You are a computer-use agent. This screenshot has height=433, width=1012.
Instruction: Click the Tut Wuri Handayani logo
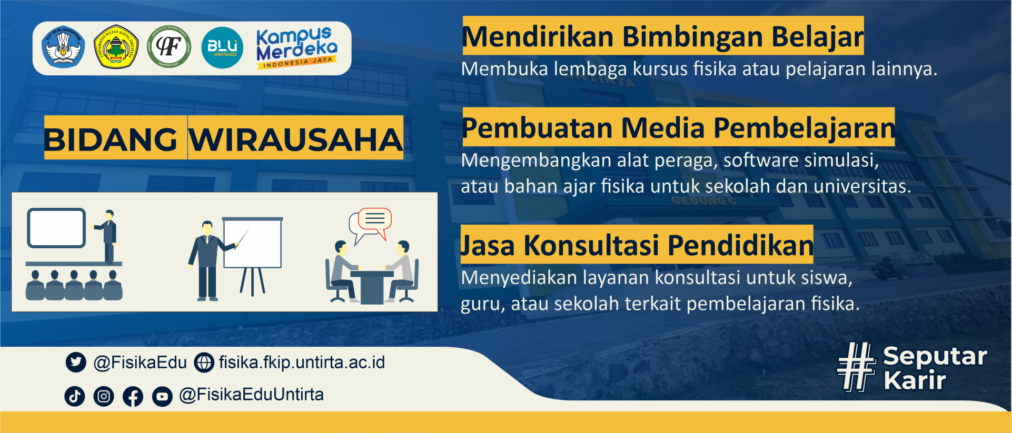tap(63, 47)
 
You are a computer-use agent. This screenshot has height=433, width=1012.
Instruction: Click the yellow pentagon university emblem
tap(116, 47)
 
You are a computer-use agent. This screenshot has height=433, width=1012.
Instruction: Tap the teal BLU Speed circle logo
tap(222, 48)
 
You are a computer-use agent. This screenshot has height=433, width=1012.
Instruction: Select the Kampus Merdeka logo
tap(296, 48)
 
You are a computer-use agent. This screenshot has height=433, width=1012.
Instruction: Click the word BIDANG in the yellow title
tap(111, 140)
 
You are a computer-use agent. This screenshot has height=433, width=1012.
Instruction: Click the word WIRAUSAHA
tap(296, 140)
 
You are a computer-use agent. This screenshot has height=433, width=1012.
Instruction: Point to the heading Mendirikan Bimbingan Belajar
tap(662, 37)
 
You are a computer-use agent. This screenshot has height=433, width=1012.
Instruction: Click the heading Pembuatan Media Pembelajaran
tap(678, 128)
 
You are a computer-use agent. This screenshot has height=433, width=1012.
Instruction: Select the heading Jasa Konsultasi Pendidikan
tap(637, 245)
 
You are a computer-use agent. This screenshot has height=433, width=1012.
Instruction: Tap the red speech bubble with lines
tap(375, 221)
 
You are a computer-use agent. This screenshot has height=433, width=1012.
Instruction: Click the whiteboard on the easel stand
tap(253, 243)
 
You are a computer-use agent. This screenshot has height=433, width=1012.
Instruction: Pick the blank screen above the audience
tap(56, 228)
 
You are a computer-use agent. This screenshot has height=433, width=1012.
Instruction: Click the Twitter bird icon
tap(76, 362)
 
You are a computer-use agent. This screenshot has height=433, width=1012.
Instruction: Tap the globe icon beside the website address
tap(204, 362)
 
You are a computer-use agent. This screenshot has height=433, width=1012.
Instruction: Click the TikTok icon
tap(75, 396)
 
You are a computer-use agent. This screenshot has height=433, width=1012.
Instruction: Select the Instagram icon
tap(104, 396)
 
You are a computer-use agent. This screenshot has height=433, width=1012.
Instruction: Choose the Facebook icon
tap(133, 396)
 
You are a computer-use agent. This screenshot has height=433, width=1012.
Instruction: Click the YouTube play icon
tap(162, 396)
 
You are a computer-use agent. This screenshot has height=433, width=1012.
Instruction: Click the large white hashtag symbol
tap(857, 367)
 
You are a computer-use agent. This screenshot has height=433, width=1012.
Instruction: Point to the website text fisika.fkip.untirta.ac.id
tap(302, 362)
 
